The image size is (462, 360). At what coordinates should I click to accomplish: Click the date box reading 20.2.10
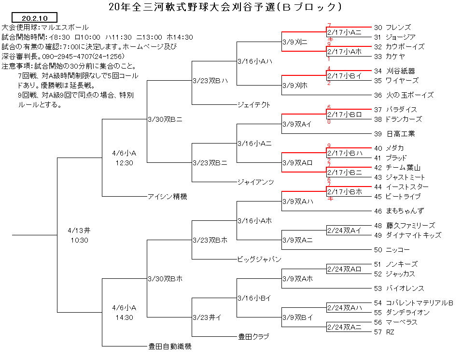34,18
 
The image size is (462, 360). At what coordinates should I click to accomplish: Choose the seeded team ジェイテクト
254,105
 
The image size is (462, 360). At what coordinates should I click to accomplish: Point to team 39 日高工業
394,134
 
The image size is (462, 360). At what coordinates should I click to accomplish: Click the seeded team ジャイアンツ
256,182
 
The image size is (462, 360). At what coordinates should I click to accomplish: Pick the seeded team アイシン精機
168,196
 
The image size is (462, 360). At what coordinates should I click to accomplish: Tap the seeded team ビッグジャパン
259,259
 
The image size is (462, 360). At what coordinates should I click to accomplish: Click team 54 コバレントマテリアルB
414,303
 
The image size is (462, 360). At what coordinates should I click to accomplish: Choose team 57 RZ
384,332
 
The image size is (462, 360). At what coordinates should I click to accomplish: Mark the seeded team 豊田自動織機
170,346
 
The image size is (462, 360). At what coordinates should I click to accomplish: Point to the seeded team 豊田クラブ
253,336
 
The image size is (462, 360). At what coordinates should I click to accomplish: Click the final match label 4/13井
79,230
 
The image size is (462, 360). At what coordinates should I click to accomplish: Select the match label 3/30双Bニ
165,119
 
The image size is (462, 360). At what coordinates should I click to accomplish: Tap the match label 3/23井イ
207,317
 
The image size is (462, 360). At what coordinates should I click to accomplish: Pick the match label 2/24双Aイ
344,230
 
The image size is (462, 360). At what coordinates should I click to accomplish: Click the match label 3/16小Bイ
254,298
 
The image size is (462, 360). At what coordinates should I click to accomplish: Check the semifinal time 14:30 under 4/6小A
124,317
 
